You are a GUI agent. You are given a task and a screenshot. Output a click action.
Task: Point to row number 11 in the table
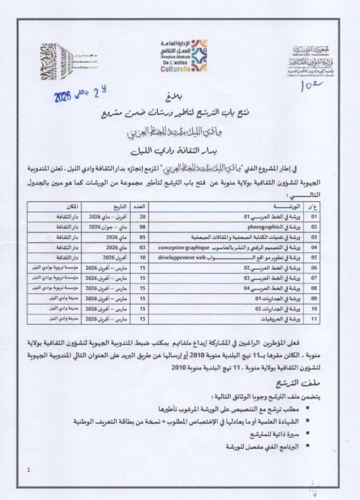pos(314,319)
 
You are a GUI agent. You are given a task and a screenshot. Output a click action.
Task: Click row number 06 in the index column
pos(314,268)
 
